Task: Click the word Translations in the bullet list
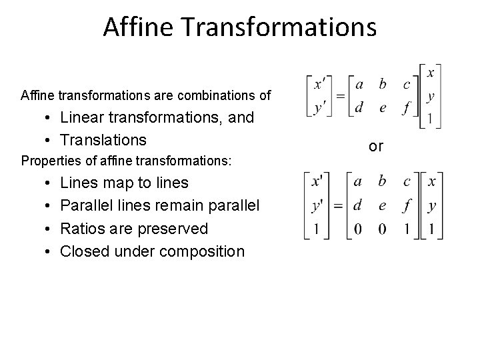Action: point(103,140)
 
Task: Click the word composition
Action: point(200,251)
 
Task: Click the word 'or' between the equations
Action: point(376,146)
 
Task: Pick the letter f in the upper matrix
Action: point(406,107)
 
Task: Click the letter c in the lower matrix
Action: point(407,181)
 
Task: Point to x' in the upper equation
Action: point(320,85)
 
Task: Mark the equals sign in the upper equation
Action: point(340,96)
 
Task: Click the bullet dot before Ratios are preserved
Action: point(51,229)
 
